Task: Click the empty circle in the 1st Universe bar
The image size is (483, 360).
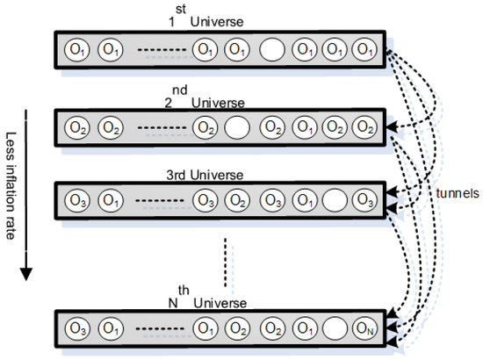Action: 271,50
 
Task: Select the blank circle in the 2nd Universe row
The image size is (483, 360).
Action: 234,127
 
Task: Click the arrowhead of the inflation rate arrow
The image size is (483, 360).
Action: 27,273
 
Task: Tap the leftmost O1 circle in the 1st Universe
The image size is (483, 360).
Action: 75,50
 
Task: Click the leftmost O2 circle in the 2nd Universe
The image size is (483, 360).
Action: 75,127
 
